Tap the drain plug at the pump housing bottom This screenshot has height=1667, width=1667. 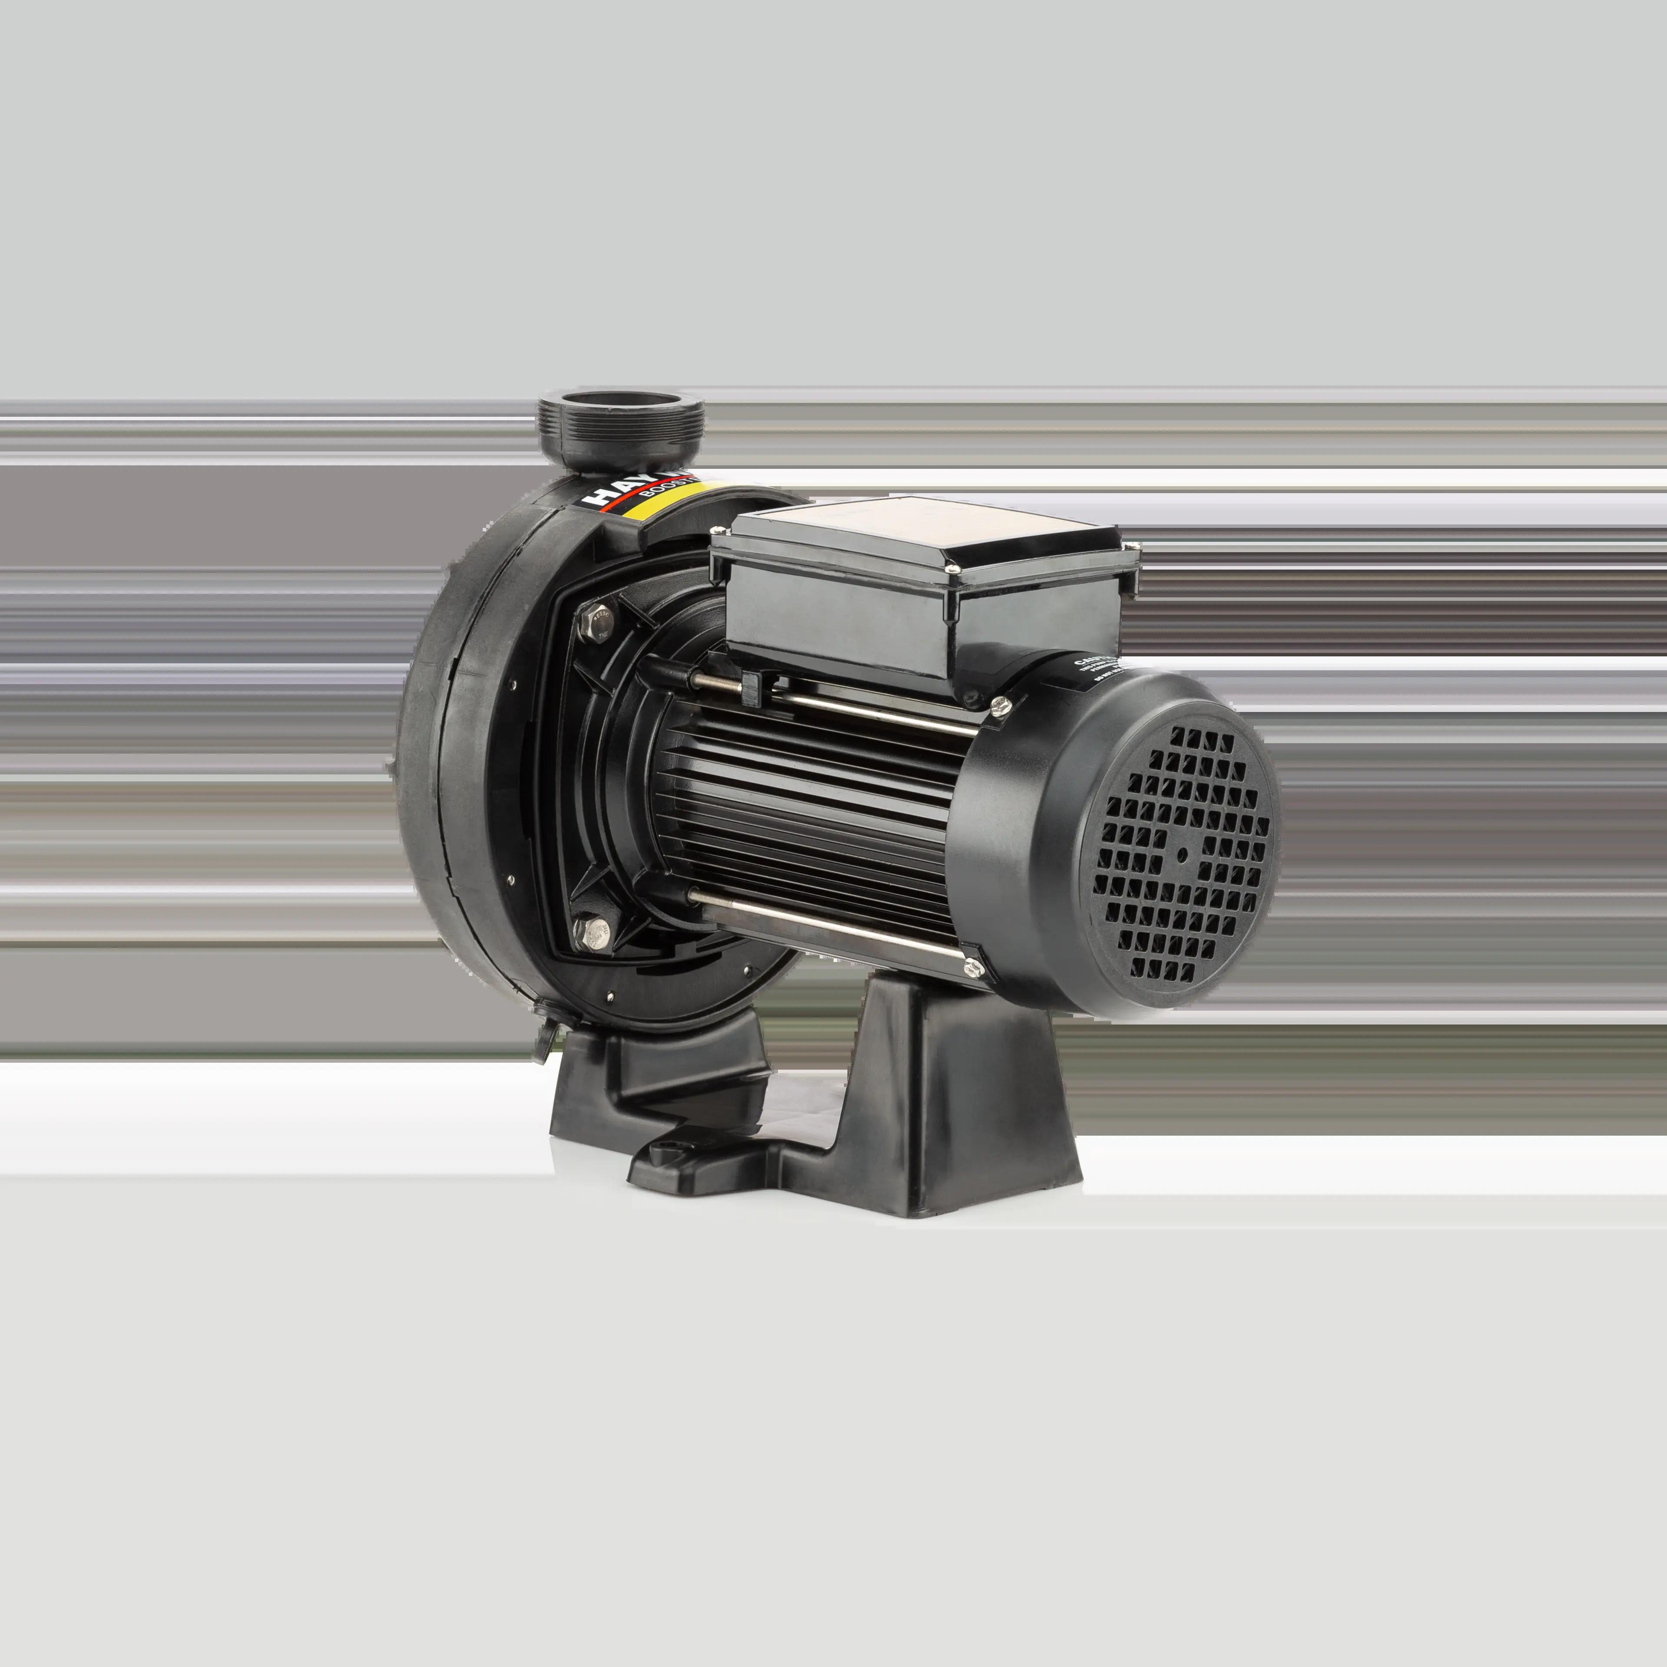(545, 1035)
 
